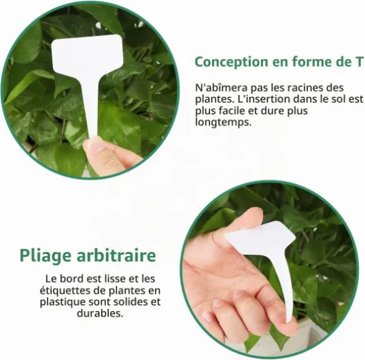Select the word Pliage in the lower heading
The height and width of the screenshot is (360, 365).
pyautogui.click(x=46, y=255)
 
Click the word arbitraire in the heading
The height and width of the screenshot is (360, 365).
pyautogui.click(x=116, y=255)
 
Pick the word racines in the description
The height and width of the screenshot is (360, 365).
pyautogui.click(x=305, y=88)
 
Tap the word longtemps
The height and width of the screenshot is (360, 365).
pyautogui.click(x=223, y=122)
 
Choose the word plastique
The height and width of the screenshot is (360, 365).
pyautogui.click(x=63, y=302)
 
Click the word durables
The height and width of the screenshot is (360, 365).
pyautogui.click(x=100, y=313)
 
